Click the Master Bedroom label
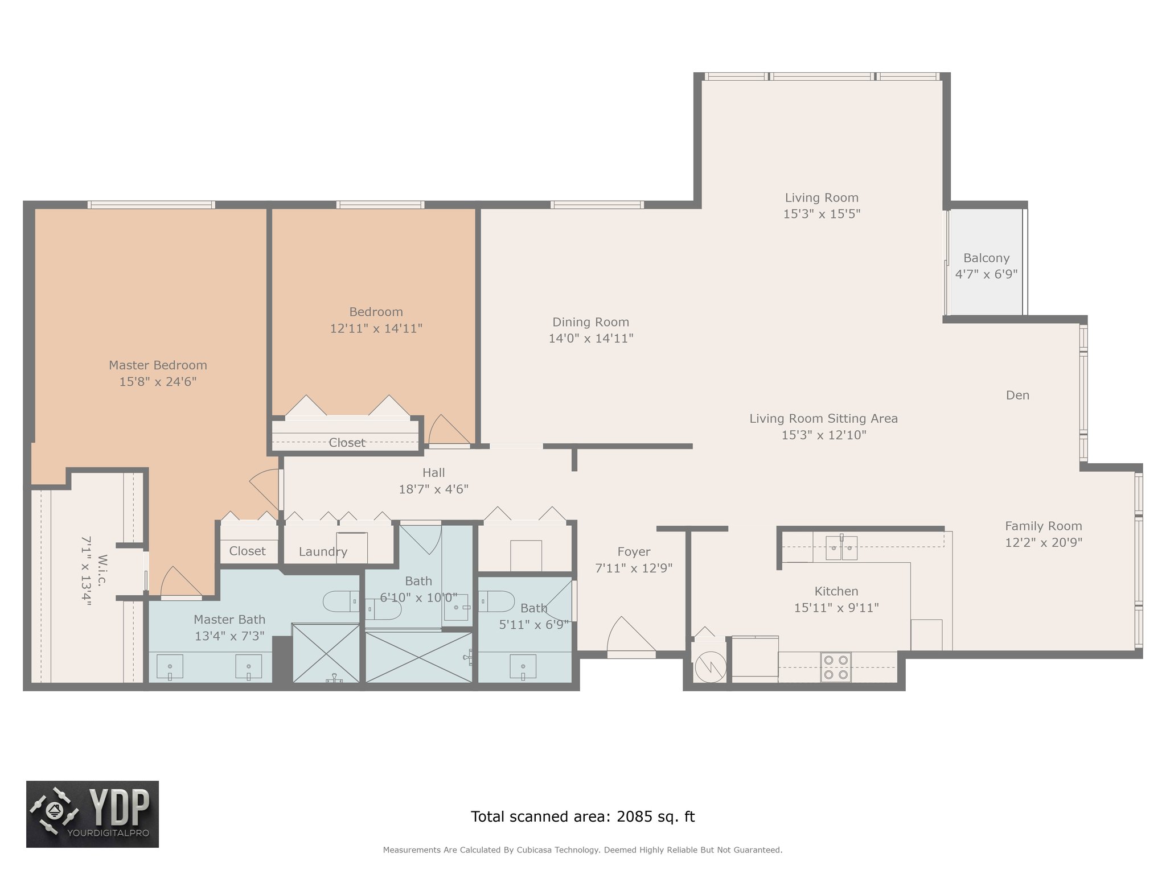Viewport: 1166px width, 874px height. [158, 365]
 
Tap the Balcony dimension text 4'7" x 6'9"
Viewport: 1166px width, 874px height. [986, 274]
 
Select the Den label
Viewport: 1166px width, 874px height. [1017, 395]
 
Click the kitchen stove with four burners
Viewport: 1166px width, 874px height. [836, 667]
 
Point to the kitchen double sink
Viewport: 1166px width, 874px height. [841, 547]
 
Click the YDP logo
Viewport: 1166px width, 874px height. [92, 814]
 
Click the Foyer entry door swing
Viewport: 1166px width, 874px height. [631, 636]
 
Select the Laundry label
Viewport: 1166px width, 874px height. [323, 552]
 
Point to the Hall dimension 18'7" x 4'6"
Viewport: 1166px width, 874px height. [433, 489]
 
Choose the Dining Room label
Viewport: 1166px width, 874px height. [590, 322]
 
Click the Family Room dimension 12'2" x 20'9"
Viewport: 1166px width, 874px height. [1043, 543]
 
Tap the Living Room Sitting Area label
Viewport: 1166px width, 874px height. [823, 419]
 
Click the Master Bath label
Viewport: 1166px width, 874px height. [229, 620]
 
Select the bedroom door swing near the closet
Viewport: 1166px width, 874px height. [449, 430]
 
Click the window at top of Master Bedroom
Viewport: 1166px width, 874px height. [151, 205]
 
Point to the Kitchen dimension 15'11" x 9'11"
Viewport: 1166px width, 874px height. [836, 608]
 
